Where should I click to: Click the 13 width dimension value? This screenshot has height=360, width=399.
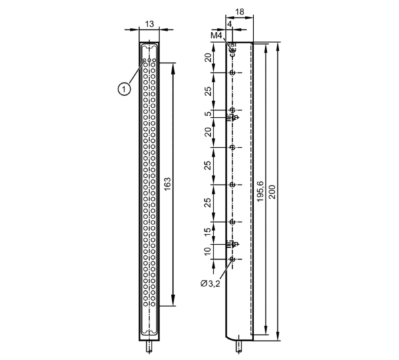coord(150,24)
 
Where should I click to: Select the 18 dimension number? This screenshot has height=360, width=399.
coord(239,12)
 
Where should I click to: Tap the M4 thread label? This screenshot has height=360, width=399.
coord(216,36)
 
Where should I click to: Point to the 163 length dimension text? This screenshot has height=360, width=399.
coord(167,185)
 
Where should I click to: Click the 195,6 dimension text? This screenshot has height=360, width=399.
coord(260,192)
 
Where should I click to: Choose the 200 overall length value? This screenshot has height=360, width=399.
coord(272,192)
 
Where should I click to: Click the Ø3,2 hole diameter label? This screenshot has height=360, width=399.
coord(210,284)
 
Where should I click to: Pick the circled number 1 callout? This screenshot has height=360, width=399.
coord(124,89)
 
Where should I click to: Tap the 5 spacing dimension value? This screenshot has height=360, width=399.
coord(208,114)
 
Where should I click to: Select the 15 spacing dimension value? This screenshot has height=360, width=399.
coord(208,232)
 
